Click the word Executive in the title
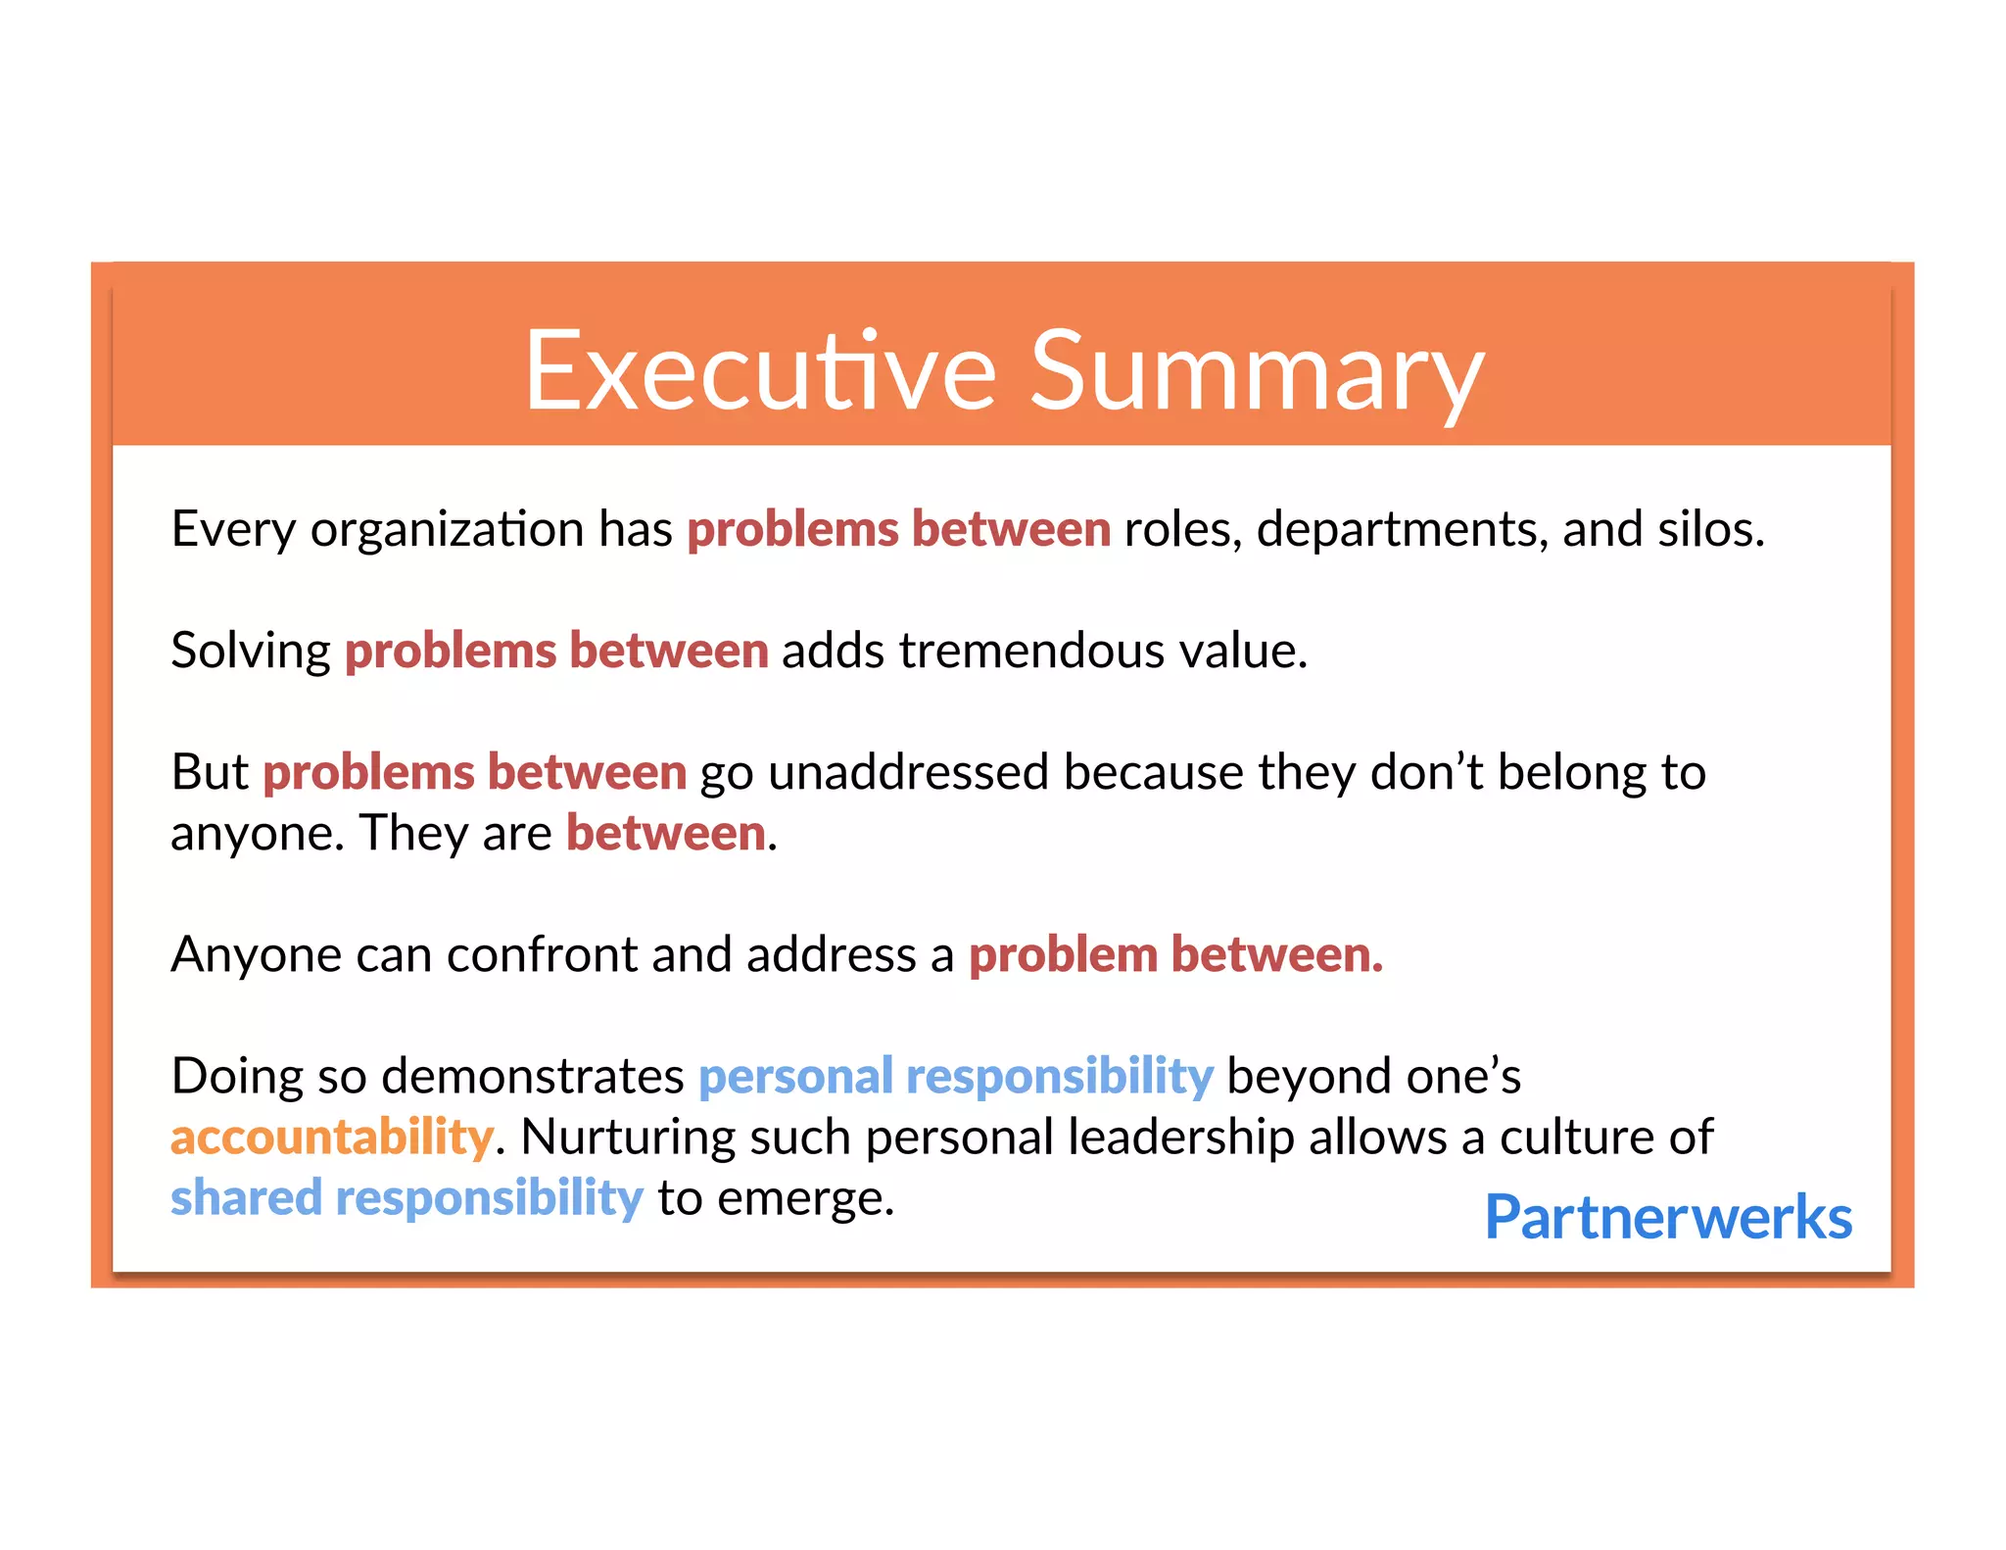[x=760, y=372]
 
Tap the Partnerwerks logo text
[x=1667, y=1218]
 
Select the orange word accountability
[x=331, y=1138]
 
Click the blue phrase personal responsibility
[x=955, y=1077]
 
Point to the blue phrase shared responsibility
[x=406, y=1198]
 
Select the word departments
[x=1401, y=530]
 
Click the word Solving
[x=251, y=652]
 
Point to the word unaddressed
[x=908, y=773]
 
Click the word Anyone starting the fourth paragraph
[x=256, y=955]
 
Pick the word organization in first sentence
[x=447, y=530]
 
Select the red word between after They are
[x=665, y=834]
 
